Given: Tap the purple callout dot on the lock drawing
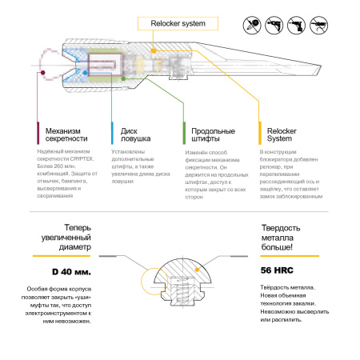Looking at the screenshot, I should (x=38, y=72).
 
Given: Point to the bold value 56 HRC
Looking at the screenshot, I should (x=279, y=270).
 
